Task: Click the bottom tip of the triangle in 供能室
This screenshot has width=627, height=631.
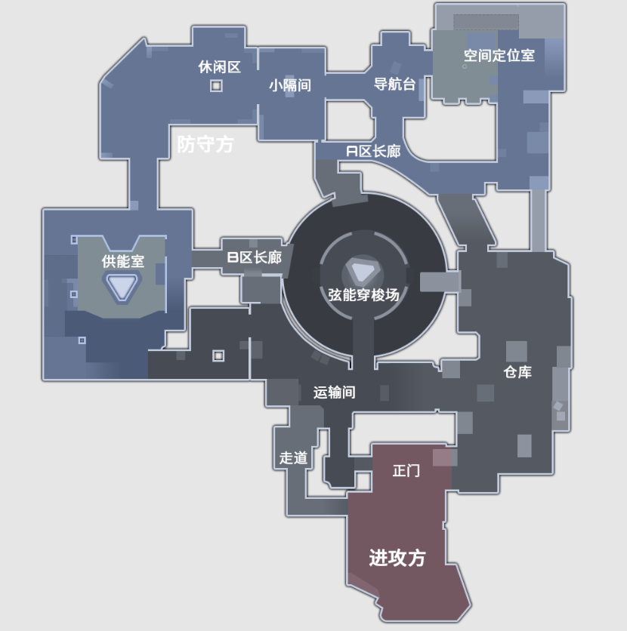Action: (x=121, y=300)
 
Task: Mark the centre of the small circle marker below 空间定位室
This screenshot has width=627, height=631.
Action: (x=465, y=66)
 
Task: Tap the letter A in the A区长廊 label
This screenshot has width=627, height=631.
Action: (x=352, y=152)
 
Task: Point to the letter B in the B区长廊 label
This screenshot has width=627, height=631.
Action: (x=233, y=257)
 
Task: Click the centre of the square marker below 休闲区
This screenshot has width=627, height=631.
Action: (x=216, y=86)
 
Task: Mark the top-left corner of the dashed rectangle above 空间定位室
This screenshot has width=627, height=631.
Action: (x=454, y=15)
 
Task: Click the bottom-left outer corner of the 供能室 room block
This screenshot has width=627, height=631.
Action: (x=43, y=380)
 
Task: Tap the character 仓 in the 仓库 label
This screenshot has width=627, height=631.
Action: (x=511, y=372)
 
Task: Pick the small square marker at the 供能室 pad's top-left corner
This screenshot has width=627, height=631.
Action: (x=74, y=240)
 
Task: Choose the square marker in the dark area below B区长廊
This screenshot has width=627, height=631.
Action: (x=218, y=356)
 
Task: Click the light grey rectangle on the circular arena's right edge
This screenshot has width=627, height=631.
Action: (x=440, y=282)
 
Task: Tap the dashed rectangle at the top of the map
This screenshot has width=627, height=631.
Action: (x=486, y=23)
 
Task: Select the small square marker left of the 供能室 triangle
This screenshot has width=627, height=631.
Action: (x=74, y=294)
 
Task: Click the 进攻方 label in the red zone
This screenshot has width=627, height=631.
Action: (x=397, y=558)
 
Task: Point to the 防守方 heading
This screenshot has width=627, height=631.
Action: (x=205, y=143)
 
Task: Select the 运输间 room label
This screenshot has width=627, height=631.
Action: (x=334, y=392)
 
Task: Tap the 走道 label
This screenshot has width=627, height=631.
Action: (x=294, y=457)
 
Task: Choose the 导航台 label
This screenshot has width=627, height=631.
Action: (x=394, y=84)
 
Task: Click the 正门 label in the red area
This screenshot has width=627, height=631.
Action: (x=406, y=470)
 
